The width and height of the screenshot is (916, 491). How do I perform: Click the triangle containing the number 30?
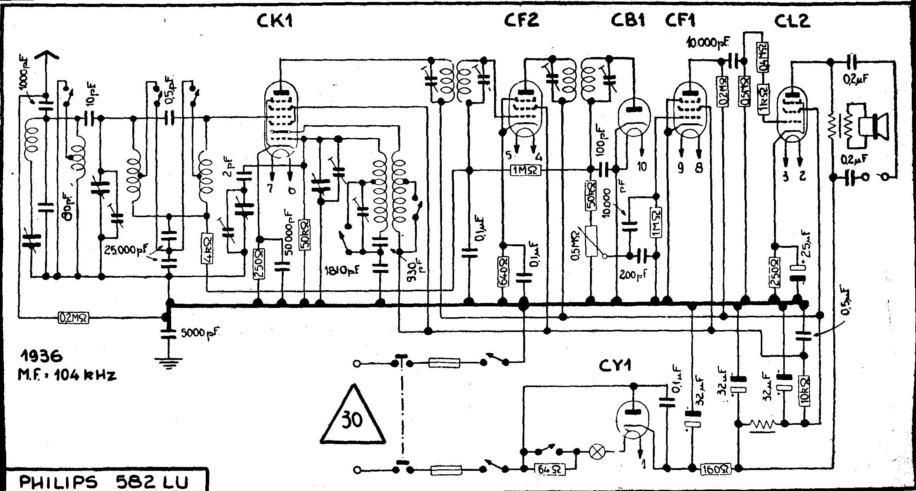pyautogui.click(x=353, y=419)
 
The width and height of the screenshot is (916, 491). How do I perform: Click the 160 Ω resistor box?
pyautogui.click(x=716, y=469)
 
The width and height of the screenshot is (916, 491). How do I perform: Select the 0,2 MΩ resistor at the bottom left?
pyautogui.click(x=74, y=318)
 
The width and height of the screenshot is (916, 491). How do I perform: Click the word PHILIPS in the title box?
pyautogui.click(x=58, y=483)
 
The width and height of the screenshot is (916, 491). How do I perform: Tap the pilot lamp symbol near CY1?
pyautogui.click(x=596, y=451)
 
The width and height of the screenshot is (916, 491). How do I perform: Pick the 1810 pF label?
pyautogui.click(x=341, y=268)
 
